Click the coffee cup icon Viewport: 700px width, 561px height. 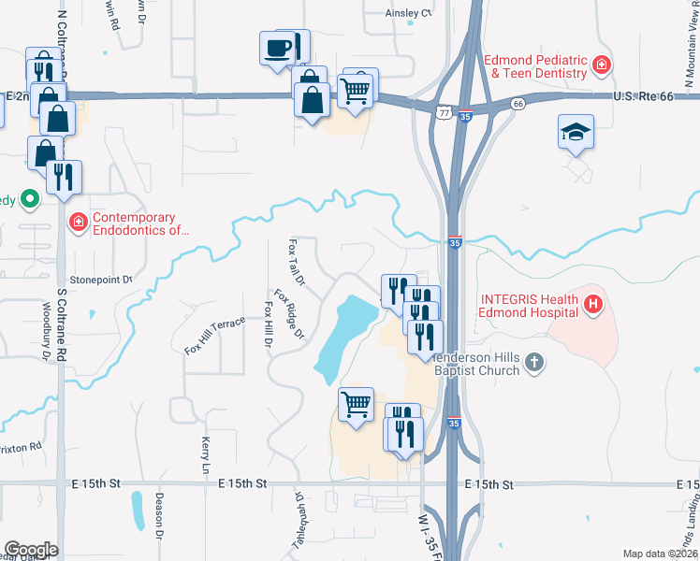click(278, 48)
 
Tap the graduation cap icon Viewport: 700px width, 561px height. click(576, 133)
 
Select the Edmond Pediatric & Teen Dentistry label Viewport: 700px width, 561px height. click(535, 65)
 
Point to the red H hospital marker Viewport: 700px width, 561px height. click(591, 304)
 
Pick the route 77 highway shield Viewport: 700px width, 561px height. click(443, 111)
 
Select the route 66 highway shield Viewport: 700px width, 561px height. click(518, 105)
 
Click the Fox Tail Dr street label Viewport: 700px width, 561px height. click(296, 261)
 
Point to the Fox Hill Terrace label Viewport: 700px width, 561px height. click(214, 335)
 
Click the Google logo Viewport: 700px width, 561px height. click(30, 550)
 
